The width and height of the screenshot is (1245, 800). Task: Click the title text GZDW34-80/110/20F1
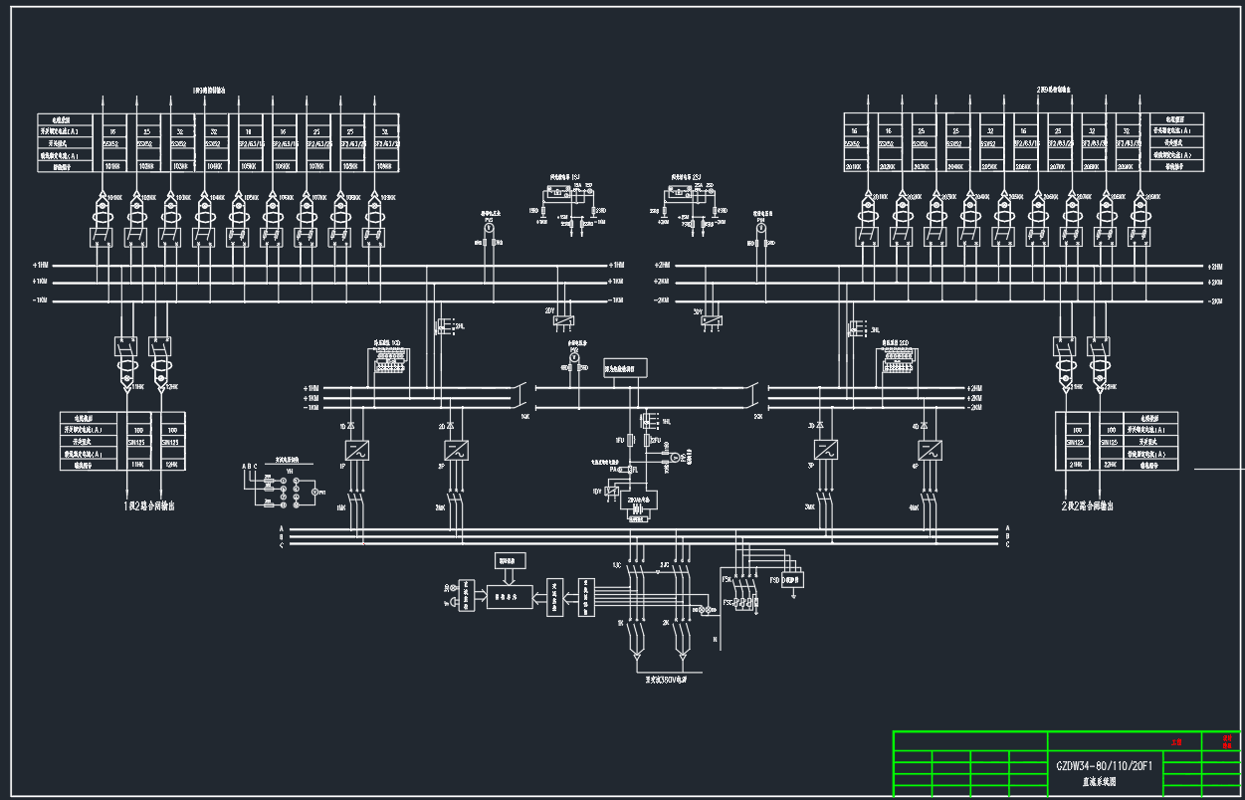pyautogui.click(x=1105, y=766)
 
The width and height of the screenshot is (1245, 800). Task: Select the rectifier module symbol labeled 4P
pyautogui.click(x=930, y=450)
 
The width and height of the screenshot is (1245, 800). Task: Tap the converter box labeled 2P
pyautogui.click(x=456, y=450)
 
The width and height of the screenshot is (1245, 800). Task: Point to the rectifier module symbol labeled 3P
pyautogui.click(x=825, y=450)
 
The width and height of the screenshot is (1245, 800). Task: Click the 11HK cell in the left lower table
pyautogui.click(x=138, y=464)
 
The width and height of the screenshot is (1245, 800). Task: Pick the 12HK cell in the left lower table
pyautogui.click(x=170, y=464)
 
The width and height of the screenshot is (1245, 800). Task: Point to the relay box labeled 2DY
pyautogui.click(x=563, y=320)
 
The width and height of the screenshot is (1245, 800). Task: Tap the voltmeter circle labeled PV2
pyautogui.click(x=489, y=228)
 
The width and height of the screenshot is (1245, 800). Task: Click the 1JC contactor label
pyautogui.click(x=617, y=565)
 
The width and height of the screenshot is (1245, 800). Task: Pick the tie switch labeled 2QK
pyautogui.click(x=757, y=416)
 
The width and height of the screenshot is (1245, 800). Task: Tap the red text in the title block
pyautogui.click(x=1177, y=741)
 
